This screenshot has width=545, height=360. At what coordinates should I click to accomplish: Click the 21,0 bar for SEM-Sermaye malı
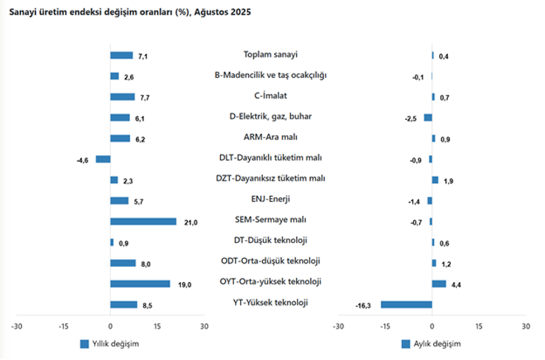143,221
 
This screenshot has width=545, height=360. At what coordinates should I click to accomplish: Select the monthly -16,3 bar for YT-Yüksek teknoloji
406,305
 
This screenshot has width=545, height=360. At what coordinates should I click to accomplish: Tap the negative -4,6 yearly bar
103,159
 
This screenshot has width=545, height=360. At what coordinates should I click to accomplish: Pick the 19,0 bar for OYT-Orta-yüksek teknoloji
140,284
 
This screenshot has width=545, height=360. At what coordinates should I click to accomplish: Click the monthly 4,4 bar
439,284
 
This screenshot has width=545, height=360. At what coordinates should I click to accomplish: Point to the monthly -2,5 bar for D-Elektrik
428,117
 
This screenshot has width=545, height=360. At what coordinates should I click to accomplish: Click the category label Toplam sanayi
271,54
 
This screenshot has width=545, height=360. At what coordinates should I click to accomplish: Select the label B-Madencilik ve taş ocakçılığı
271,75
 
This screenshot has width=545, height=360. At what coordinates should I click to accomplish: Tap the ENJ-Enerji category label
271,198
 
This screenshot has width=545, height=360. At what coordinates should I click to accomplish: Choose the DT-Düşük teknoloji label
271,240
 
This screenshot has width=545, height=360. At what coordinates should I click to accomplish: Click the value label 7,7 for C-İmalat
145,97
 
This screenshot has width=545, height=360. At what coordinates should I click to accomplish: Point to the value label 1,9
447,181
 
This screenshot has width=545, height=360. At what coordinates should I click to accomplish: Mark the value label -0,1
418,77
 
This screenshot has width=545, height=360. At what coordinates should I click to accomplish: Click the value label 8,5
147,305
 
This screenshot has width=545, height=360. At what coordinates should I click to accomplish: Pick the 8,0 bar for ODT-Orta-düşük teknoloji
123,263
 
